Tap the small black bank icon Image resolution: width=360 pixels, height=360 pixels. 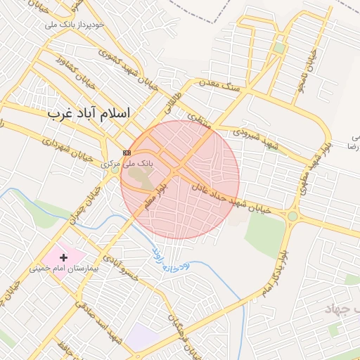pyautogui.click(x=127, y=153)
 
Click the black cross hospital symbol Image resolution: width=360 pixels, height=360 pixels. pyautogui.click(x=64, y=258)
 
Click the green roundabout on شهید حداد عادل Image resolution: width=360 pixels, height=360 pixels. pyautogui.click(x=292, y=216)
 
